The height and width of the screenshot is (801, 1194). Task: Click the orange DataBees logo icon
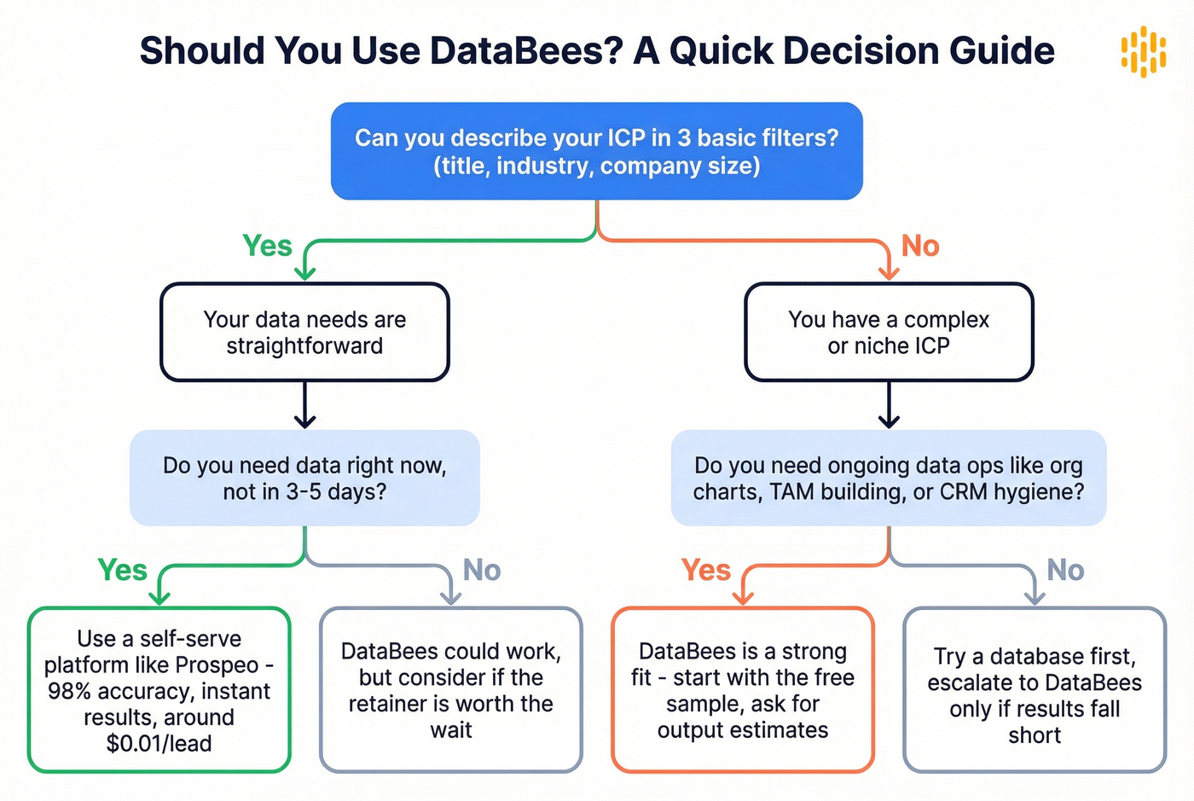[1143, 51]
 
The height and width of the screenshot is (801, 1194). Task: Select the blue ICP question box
[596, 151]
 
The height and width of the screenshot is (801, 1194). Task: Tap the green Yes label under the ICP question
[267, 246]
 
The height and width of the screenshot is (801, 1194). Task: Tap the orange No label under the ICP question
[920, 246]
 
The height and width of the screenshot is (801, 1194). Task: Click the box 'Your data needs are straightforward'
[304, 332]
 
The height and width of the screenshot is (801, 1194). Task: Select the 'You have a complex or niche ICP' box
[889, 332]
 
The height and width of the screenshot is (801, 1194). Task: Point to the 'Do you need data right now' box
[304, 478]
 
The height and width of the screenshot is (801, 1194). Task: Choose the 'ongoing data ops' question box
[889, 478]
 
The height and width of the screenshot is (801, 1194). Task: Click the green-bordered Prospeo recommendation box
[159, 689]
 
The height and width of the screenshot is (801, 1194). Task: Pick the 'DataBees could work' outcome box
[451, 689]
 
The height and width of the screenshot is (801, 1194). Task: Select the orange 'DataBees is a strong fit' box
[743, 689]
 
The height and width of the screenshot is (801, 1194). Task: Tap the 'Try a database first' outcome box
[1035, 689]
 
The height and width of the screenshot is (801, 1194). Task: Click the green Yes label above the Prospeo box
[122, 570]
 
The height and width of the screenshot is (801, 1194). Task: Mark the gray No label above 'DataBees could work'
[481, 570]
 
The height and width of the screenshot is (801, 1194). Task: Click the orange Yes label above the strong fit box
[705, 570]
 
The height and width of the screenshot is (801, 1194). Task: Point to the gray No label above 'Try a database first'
[1065, 570]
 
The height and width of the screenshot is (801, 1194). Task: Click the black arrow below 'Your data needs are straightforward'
[304, 406]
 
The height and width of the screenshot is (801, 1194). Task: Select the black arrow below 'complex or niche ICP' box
[889, 406]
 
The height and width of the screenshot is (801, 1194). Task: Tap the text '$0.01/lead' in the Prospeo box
[159, 744]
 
